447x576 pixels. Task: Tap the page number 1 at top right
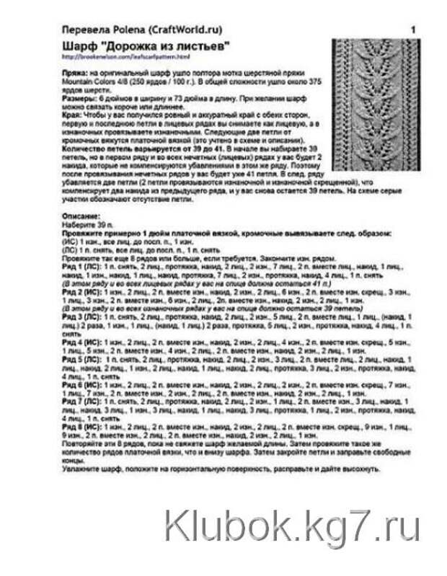tap(412, 30)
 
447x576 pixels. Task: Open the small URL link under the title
tap(125, 56)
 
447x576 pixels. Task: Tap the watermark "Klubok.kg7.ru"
tap(291, 523)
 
